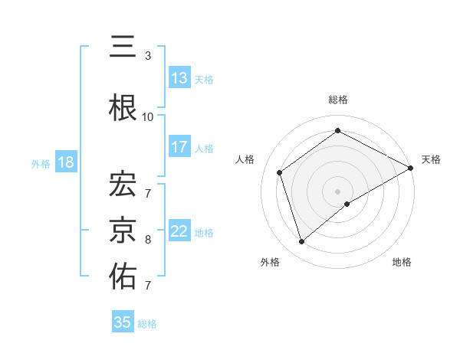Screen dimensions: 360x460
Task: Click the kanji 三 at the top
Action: [123, 47]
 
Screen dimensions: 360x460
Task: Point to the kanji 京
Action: [123, 227]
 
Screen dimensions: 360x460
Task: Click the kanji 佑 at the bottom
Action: [123, 277]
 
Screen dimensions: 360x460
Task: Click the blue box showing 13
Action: [179, 78]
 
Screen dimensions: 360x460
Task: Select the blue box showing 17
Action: [179, 147]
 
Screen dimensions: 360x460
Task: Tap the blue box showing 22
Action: [179, 232]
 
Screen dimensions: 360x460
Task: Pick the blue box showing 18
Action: [65, 163]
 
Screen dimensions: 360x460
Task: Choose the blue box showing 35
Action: [123, 322]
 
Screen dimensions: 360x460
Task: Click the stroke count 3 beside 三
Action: [148, 56]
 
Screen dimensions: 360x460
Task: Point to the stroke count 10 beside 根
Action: [148, 117]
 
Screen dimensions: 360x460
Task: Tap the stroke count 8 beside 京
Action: [148, 240]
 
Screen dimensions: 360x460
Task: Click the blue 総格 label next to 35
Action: [148, 324]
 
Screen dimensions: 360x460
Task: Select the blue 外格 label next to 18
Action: [41, 164]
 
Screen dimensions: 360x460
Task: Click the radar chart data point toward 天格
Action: [411, 168]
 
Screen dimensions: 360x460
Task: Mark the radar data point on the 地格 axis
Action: [347, 204]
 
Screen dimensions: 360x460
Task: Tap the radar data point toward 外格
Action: [301, 242]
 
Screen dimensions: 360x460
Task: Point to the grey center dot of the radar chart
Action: [337, 191]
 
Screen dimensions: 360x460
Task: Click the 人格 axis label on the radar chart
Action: [245, 159]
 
